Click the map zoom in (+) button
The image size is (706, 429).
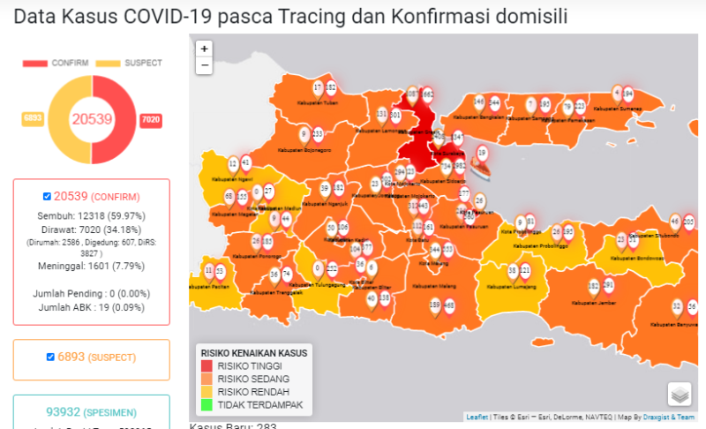pos(205,49)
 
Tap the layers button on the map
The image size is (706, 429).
pos(680,394)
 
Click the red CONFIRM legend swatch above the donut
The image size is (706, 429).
pos(34,64)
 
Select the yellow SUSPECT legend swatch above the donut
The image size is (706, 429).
pos(108,64)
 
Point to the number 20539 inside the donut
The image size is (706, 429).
pos(92,119)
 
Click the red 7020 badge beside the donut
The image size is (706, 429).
pos(151,119)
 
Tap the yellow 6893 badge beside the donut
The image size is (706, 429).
pos(33,118)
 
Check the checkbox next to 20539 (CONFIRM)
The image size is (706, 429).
pos(47,196)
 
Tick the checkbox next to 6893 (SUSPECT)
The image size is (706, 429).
pos(50,357)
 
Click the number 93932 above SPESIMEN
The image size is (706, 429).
pos(64,411)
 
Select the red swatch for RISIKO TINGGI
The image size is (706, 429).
pos(207,365)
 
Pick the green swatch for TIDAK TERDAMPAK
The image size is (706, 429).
pos(207,404)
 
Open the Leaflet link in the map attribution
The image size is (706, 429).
pos(477,417)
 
